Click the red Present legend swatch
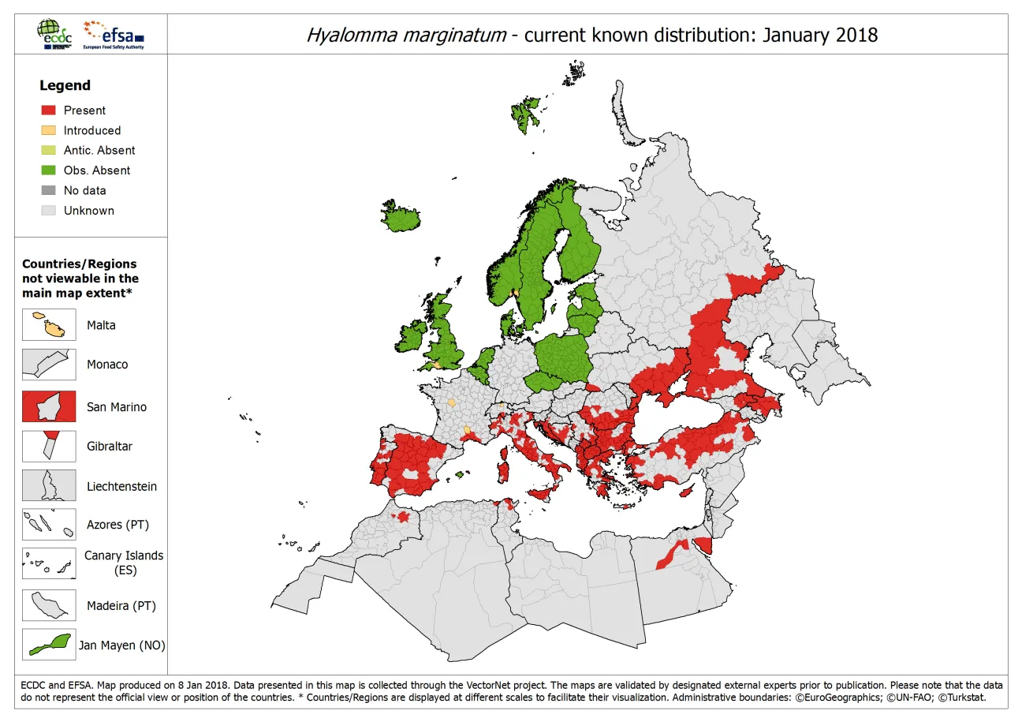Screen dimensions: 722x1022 (x=49, y=110)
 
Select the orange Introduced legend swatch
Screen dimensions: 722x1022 (x=49, y=130)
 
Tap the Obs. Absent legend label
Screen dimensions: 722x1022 (x=97, y=170)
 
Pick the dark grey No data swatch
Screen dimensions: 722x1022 (x=49, y=190)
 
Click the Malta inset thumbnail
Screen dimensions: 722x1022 (x=49, y=325)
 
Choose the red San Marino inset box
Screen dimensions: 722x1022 (x=49, y=406)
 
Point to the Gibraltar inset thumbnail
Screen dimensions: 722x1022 (x=49, y=446)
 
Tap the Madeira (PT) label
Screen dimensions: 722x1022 (x=121, y=606)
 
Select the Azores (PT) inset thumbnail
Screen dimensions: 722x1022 (x=49, y=525)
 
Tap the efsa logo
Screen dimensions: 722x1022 (x=114, y=34)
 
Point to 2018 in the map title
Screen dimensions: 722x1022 (x=856, y=35)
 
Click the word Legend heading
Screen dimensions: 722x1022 (x=65, y=85)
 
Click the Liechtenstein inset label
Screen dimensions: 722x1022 (x=121, y=486)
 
